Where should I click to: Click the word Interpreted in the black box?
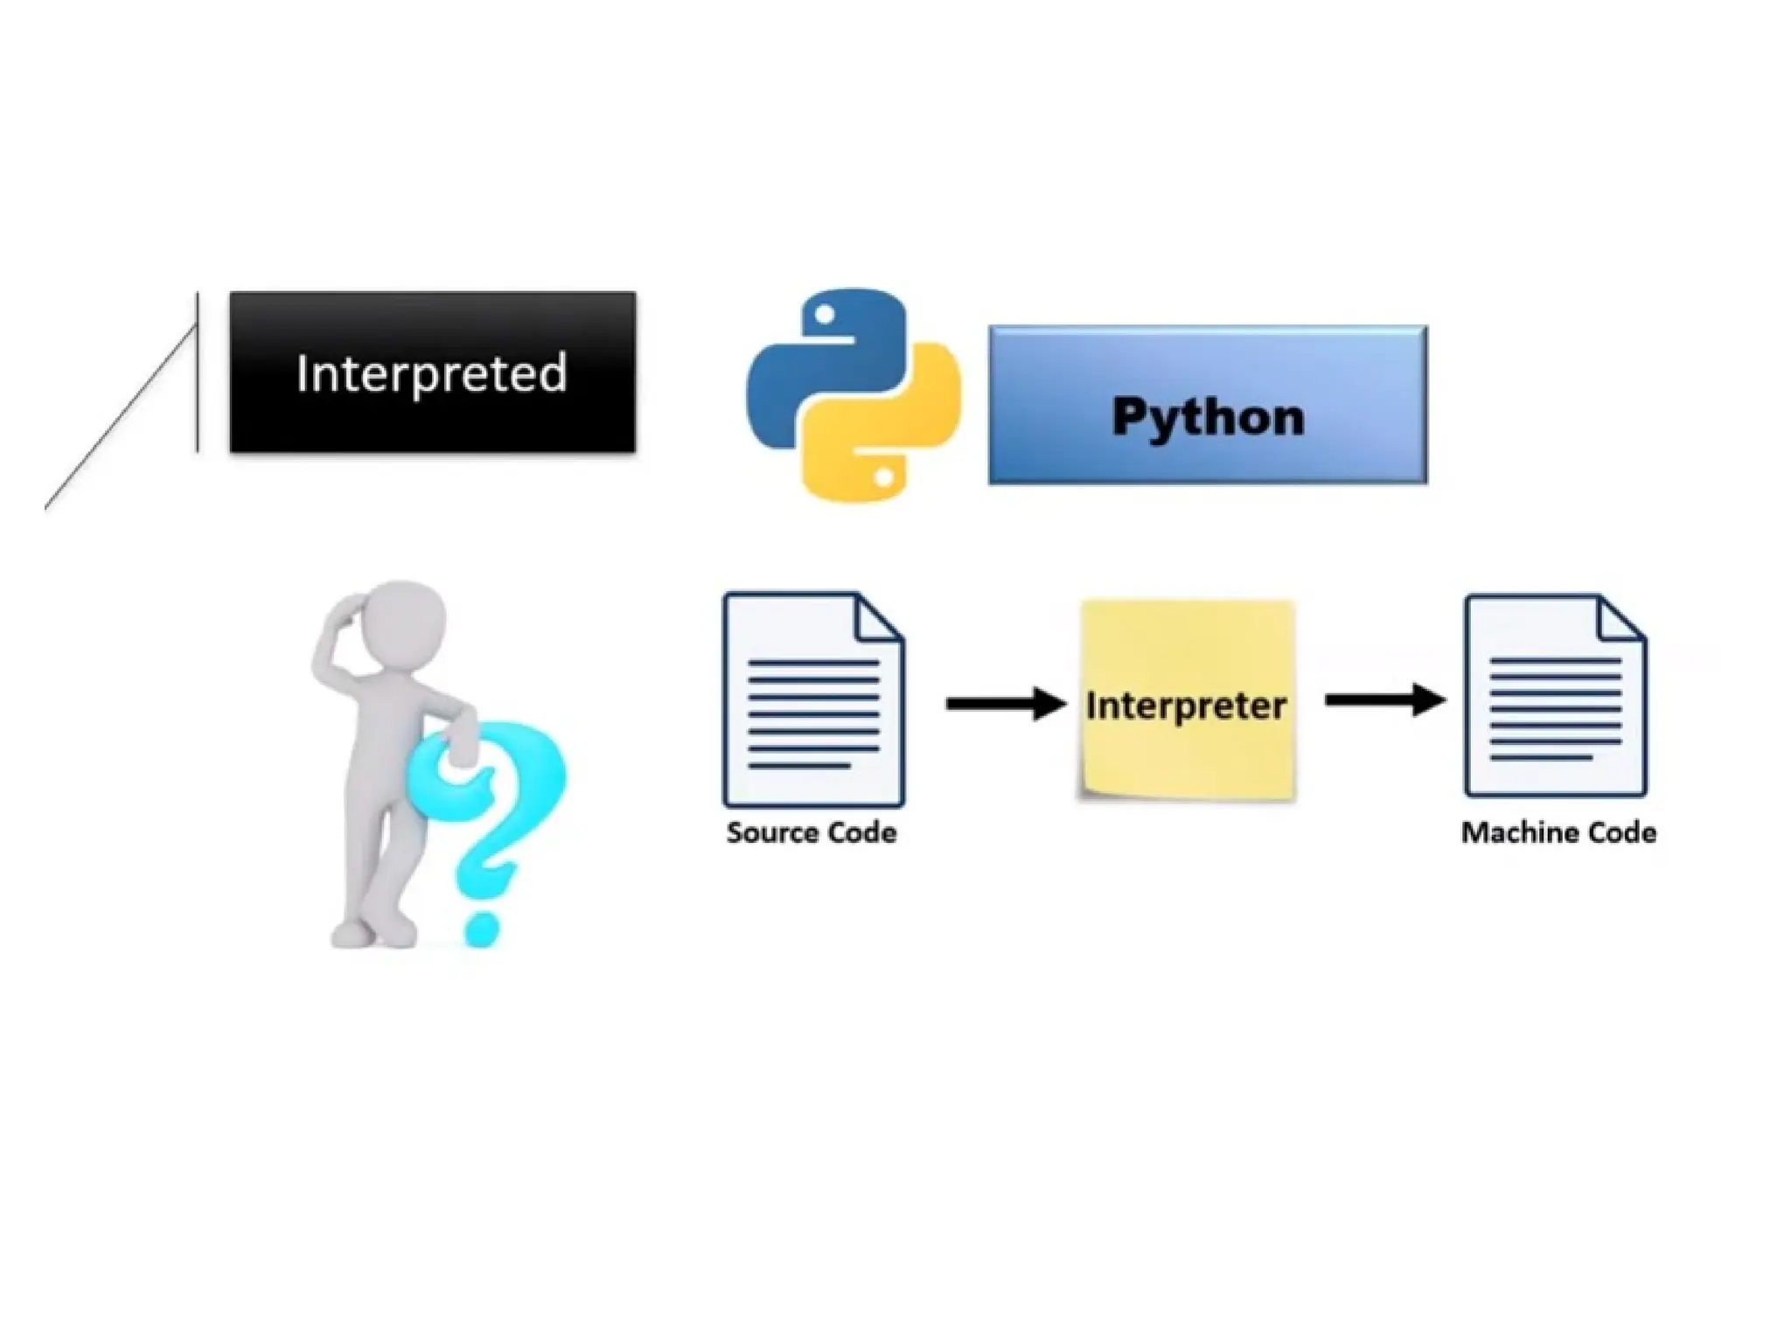[432, 373]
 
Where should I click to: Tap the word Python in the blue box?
[1208, 416]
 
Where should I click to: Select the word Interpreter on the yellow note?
[1186, 705]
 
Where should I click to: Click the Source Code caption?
[811, 832]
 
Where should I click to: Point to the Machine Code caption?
[1558, 832]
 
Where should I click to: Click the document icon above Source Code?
[812, 699]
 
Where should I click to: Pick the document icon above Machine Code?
[1555, 697]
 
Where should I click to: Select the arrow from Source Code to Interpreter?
[1006, 703]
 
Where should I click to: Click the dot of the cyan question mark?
[482, 928]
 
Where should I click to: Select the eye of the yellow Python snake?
[884, 477]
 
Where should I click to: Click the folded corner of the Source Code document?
[879, 616]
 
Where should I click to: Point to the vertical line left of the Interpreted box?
[198, 372]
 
